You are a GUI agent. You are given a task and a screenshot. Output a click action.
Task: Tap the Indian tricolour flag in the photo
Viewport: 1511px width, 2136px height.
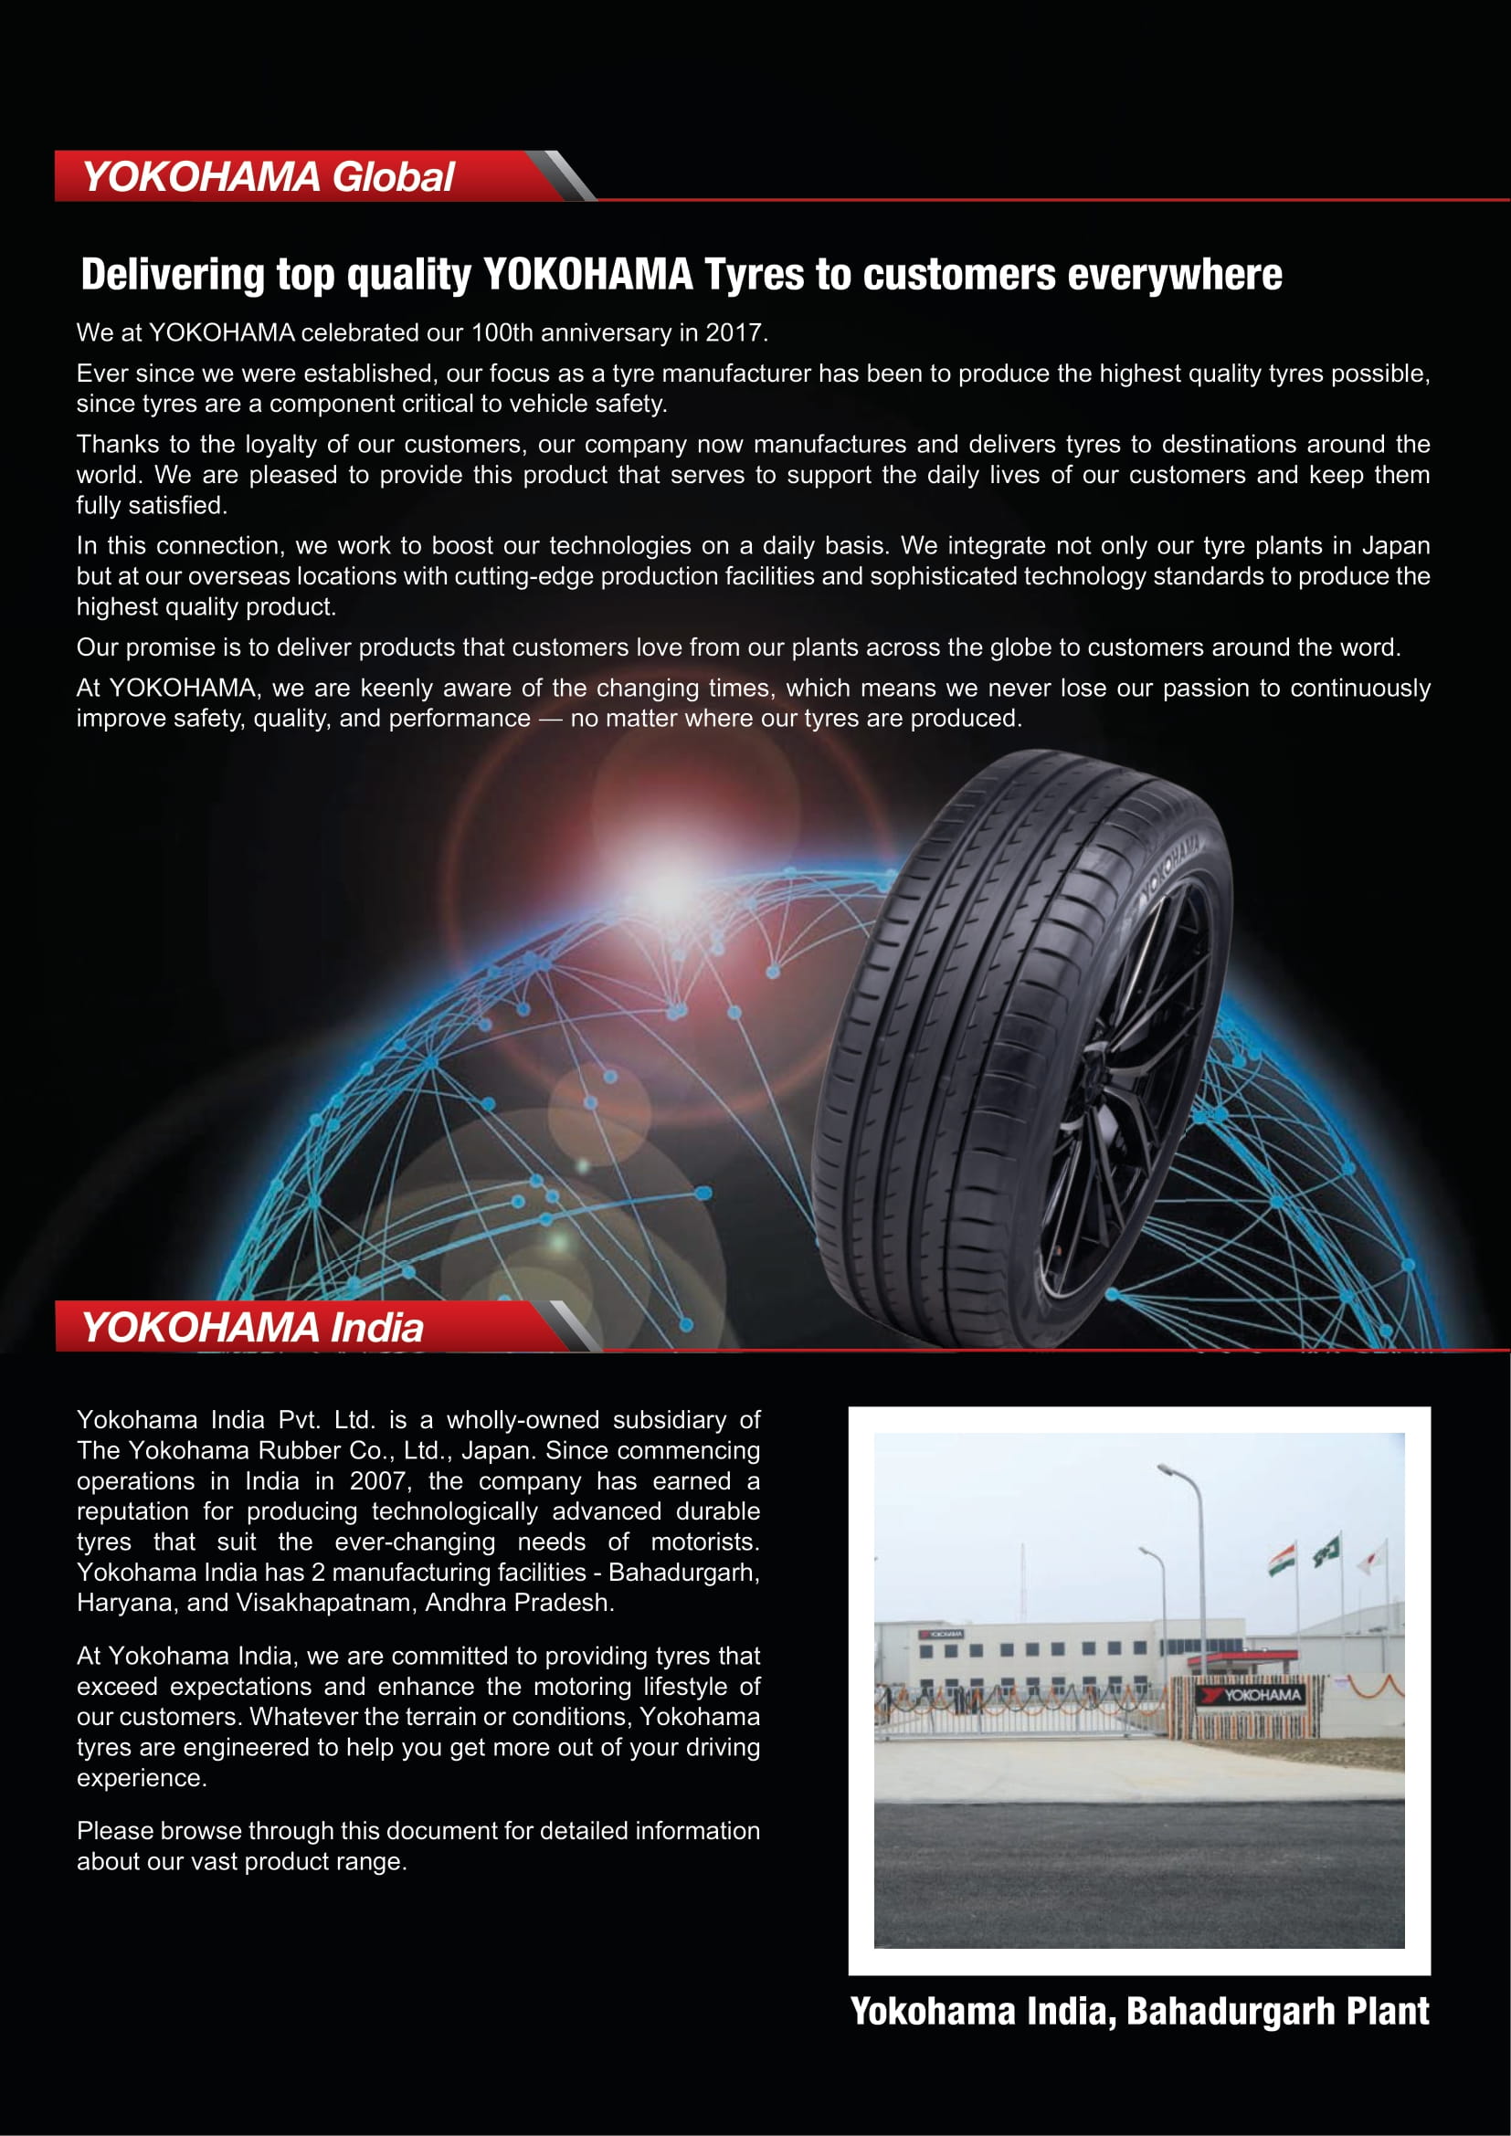1282,1559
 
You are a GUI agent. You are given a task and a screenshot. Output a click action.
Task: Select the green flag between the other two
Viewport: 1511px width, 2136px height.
1327,1551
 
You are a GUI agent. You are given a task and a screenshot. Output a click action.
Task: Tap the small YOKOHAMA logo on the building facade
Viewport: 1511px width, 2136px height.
941,1635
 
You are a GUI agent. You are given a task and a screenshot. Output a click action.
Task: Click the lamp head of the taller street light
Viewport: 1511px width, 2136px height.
1167,1471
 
